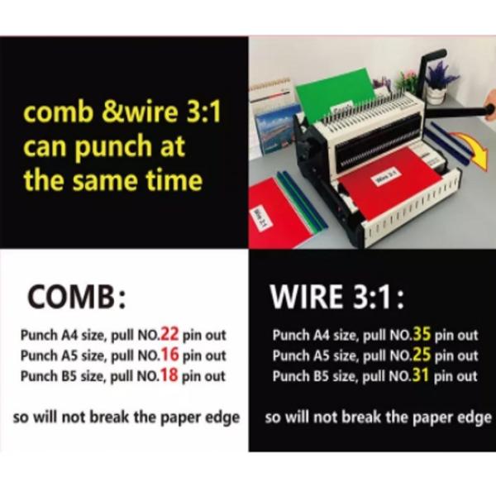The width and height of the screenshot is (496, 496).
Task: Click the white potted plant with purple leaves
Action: (436, 83)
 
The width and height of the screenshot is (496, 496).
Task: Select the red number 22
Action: (169, 335)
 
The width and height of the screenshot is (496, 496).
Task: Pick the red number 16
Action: (169, 355)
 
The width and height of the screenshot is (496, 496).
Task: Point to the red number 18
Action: (169, 376)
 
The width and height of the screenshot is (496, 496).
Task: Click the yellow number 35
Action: (421, 335)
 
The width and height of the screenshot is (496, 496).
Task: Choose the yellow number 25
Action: (421, 355)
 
